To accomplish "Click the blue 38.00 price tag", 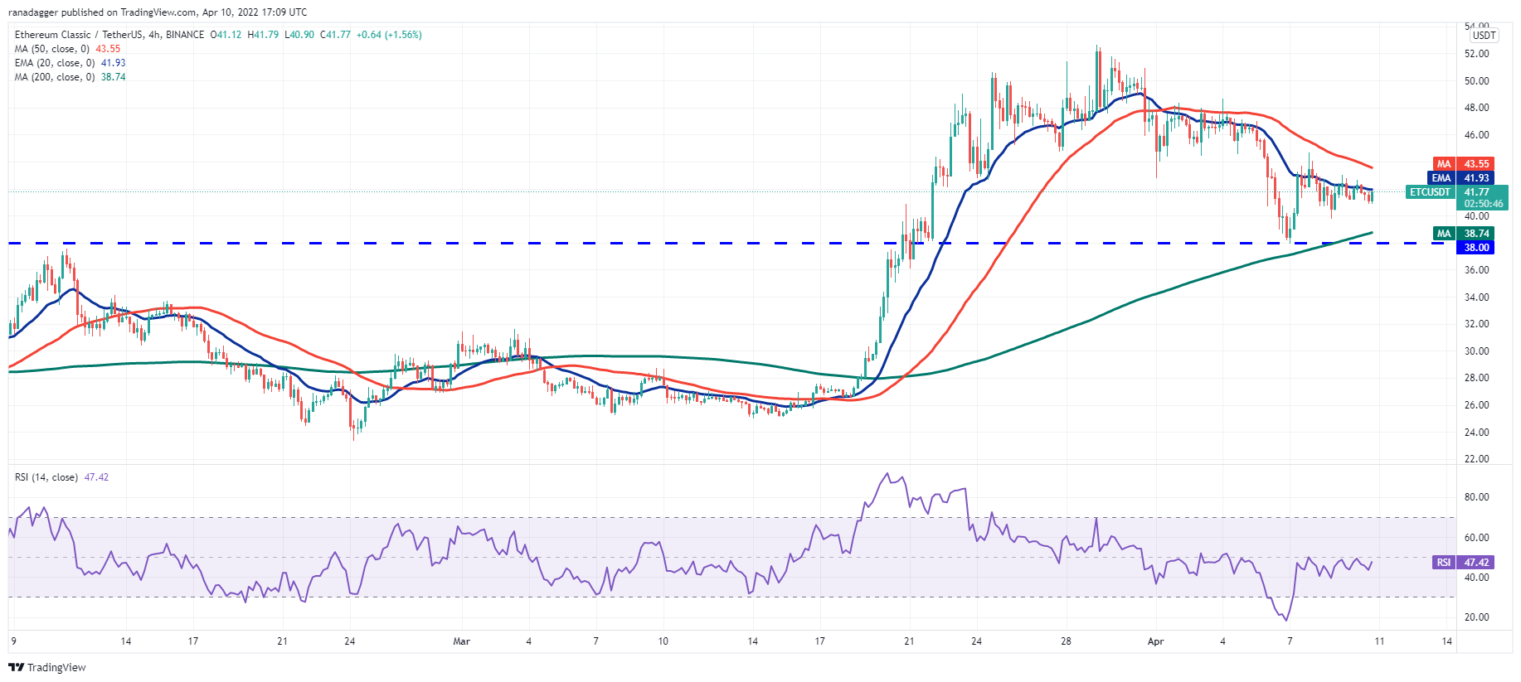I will point(1475,248).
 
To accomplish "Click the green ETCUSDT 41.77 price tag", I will point(1456,192).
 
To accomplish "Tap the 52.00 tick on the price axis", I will point(1476,54).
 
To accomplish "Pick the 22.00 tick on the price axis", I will point(1476,459).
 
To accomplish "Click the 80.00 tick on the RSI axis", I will point(1476,497).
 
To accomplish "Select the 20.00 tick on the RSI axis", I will point(1476,617).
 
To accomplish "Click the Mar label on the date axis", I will point(462,641).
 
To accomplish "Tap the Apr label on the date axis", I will point(1155,641).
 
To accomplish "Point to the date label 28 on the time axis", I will point(1066,641).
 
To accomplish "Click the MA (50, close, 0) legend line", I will point(51,49).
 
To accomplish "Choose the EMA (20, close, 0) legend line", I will point(55,63).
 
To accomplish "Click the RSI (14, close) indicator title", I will point(46,477).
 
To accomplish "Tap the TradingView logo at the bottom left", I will point(47,667).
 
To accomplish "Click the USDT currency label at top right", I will point(1484,36).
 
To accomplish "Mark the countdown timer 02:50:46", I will point(1483,204).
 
